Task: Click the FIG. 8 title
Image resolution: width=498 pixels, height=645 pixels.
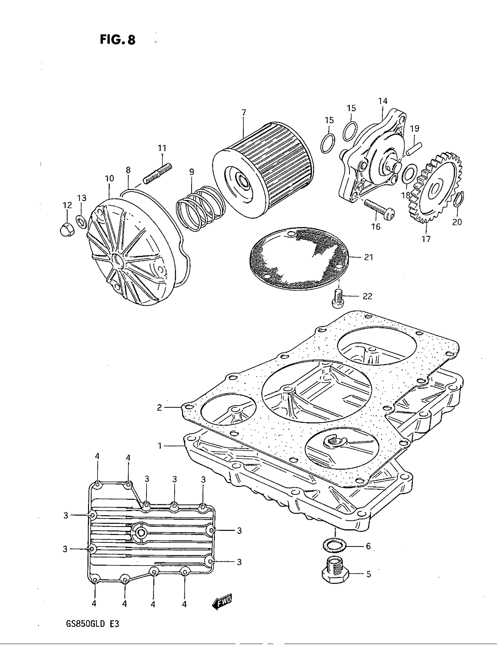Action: point(117,40)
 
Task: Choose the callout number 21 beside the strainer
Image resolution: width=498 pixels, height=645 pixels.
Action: point(369,257)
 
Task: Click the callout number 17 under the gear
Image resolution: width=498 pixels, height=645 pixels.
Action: point(426,239)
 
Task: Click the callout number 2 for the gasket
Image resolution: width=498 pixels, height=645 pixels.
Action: point(159,408)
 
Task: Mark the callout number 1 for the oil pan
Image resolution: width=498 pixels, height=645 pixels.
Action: point(160,446)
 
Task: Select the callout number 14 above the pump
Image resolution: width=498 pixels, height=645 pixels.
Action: point(383,101)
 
